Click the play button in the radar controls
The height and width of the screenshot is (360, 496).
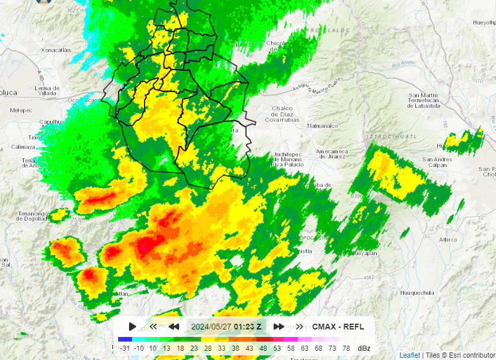(132, 327)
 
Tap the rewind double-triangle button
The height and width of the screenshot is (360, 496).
(173, 327)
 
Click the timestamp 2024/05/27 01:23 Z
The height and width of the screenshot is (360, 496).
(226, 327)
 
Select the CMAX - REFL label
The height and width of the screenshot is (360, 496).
(338, 327)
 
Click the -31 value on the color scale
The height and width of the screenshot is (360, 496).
(123, 348)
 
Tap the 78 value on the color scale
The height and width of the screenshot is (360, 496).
(346, 348)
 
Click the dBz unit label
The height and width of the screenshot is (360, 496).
(364, 348)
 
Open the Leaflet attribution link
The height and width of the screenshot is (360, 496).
(410, 355)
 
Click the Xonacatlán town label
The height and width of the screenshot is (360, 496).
(56, 50)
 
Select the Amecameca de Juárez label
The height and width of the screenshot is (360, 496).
(332, 154)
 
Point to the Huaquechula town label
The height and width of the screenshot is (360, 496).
(417, 293)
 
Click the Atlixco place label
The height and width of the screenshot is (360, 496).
(448, 239)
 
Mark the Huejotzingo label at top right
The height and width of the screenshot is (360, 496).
(484, 22)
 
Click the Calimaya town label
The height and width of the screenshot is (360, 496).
(23, 147)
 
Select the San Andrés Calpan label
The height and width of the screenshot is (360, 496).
(437, 162)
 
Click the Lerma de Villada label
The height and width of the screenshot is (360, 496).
(47, 90)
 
